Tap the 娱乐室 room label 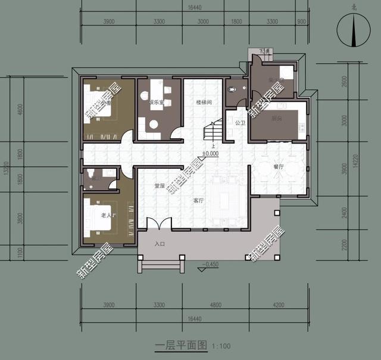click(x=157, y=103)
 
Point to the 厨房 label click(x=276, y=118)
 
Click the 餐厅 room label click(x=279, y=167)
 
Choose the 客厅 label click(x=198, y=201)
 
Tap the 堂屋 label click(x=160, y=186)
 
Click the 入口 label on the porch click(x=160, y=244)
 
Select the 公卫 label click(x=240, y=123)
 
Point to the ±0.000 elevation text click(x=210, y=153)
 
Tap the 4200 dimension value click(x=279, y=305)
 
